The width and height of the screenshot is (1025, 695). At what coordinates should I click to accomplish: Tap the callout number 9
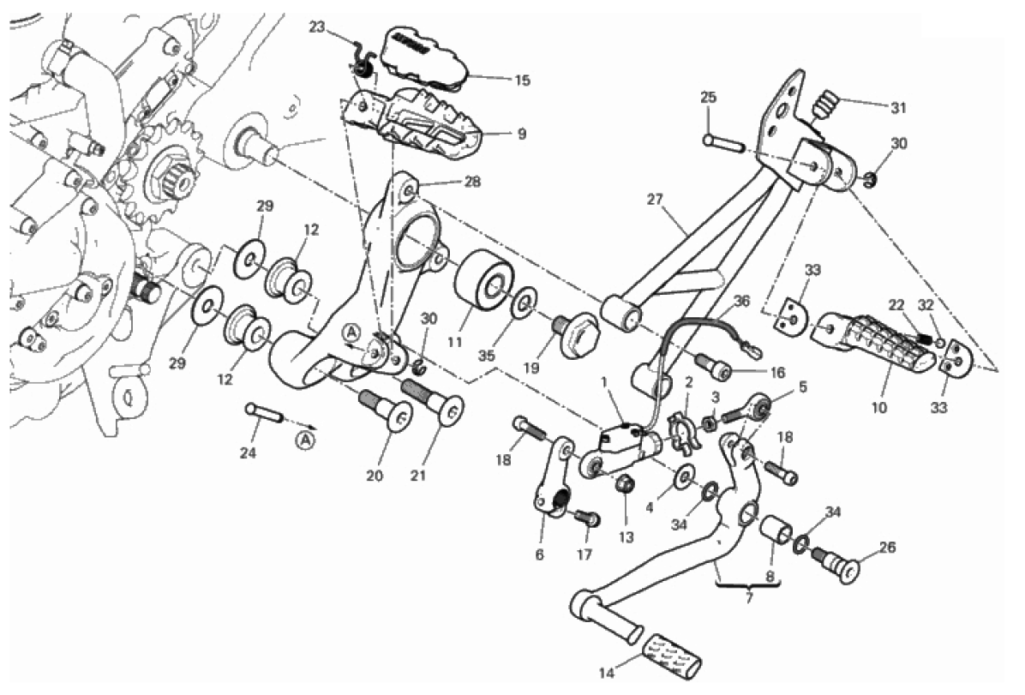[x=522, y=135]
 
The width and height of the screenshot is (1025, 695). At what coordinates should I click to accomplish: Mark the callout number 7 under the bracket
[x=748, y=598]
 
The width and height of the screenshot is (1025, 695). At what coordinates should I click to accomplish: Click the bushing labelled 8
[x=778, y=531]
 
